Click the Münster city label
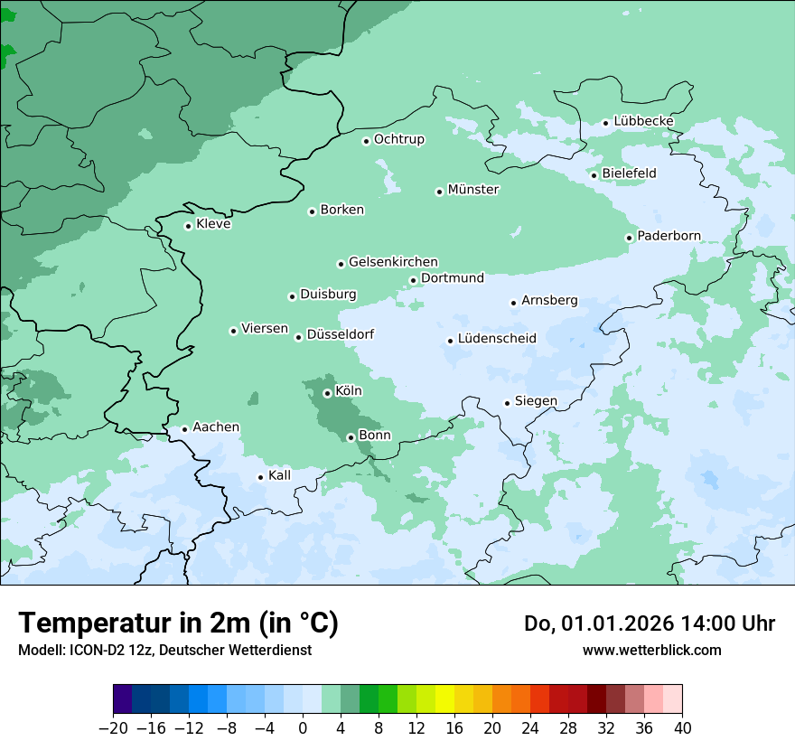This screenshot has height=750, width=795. point(473,190)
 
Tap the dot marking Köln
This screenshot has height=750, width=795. point(327,393)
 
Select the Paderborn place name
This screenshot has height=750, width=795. point(669,236)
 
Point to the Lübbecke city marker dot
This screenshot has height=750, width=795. point(606,123)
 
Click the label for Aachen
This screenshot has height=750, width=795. point(216,427)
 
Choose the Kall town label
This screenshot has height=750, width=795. point(280,475)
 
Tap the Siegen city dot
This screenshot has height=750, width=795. point(508,403)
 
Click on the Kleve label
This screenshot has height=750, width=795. point(213,224)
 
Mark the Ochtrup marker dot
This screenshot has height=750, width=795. point(366,141)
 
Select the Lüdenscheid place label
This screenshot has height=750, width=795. point(497,339)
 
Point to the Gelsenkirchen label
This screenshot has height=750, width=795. point(393,262)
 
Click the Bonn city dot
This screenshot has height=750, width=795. point(351,437)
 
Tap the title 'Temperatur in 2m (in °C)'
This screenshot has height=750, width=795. point(178,623)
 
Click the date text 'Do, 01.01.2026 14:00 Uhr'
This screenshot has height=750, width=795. point(650,623)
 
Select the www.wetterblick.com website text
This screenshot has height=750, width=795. point(651,650)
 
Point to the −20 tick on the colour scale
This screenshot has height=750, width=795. point(114,728)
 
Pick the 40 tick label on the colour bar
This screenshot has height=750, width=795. point(682,728)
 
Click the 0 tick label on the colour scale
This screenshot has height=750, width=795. point(303,728)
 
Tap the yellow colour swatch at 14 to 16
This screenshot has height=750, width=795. point(445,699)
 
